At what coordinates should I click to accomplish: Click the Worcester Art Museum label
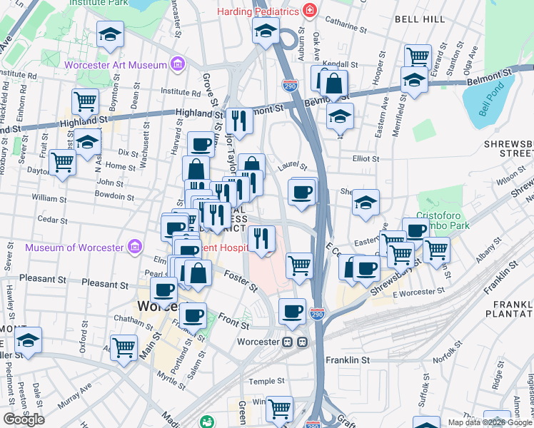pyautogui.click(x=115, y=66)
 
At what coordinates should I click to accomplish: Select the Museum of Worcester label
pyautogui.click(x=74, y=248)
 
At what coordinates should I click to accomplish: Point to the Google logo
pyautogui.click(x=24, y=419)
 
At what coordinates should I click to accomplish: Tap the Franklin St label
pyautogui.click(x=348, y=360)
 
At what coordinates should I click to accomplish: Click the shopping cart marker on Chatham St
pyautogui.click(x=124, y=347)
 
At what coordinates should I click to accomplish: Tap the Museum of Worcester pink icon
pyautogui.click(x=133, y=248)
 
